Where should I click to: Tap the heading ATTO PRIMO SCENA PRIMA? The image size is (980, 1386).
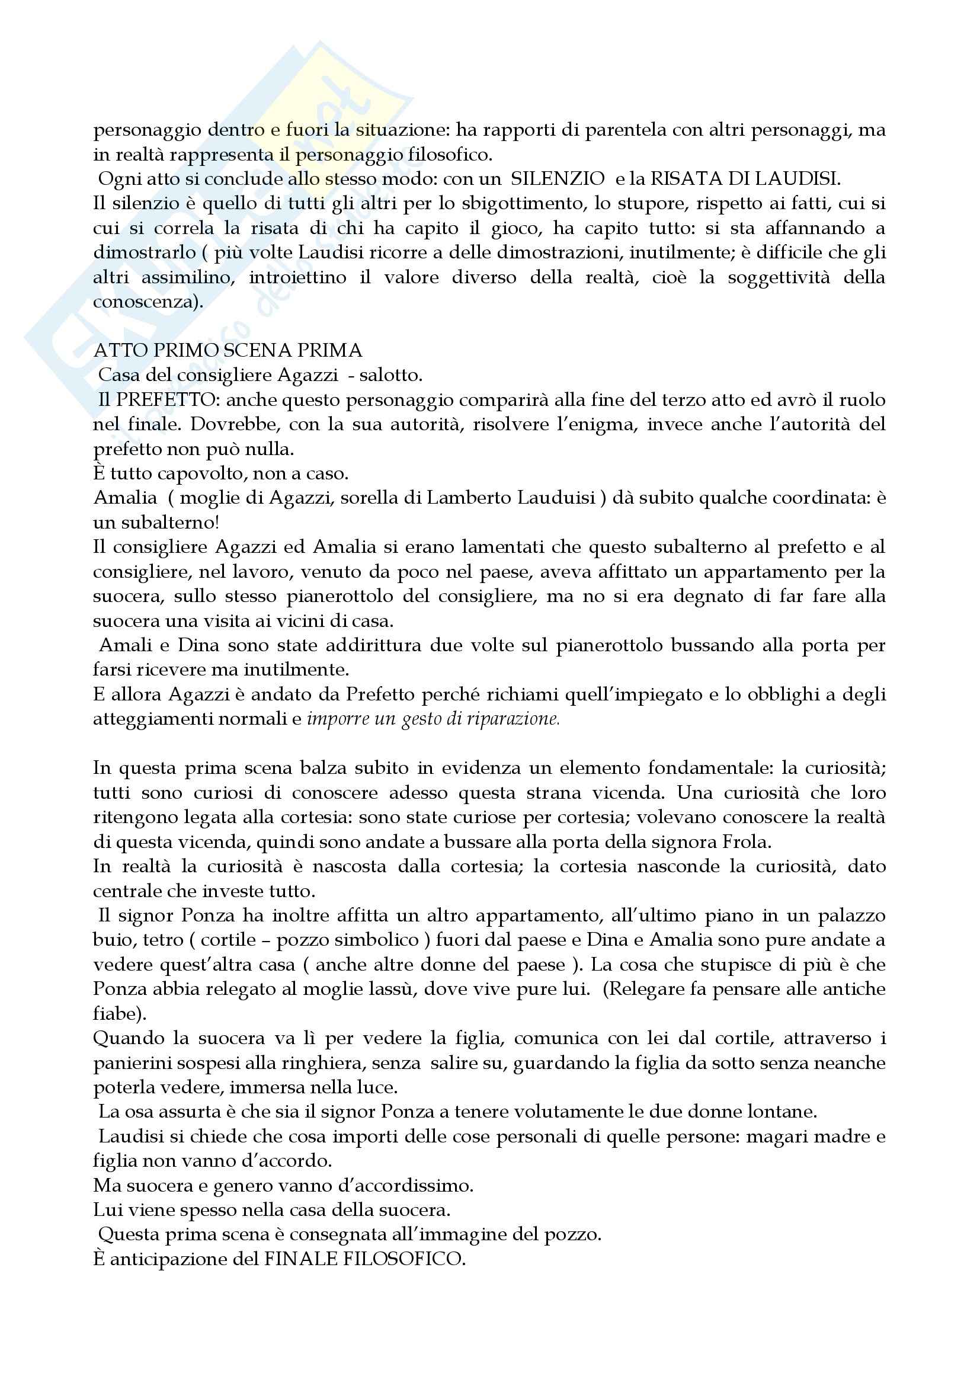[228, 350]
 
